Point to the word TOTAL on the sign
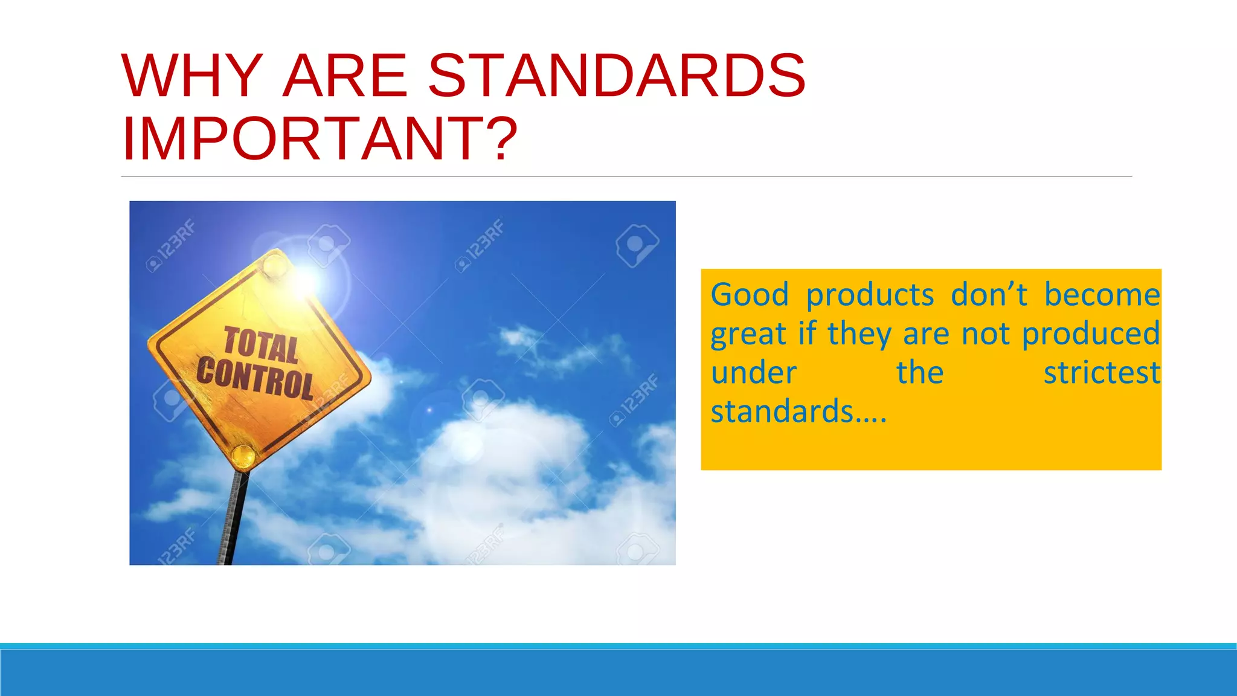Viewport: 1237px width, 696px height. click(262, 346)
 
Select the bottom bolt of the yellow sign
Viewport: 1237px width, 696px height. click(244, 456)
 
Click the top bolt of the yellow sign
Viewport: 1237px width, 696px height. click(275, 264)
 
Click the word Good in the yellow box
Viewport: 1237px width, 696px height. click(750, 295)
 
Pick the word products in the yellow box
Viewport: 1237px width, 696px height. click(870, 296)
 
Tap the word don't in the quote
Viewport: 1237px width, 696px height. click(989, 295)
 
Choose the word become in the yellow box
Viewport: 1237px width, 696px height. click(1102, 295)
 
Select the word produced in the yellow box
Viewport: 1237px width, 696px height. click(1091, 334)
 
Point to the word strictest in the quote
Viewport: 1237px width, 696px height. click(1102, 373)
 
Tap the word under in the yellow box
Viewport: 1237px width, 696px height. click(753, 373)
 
